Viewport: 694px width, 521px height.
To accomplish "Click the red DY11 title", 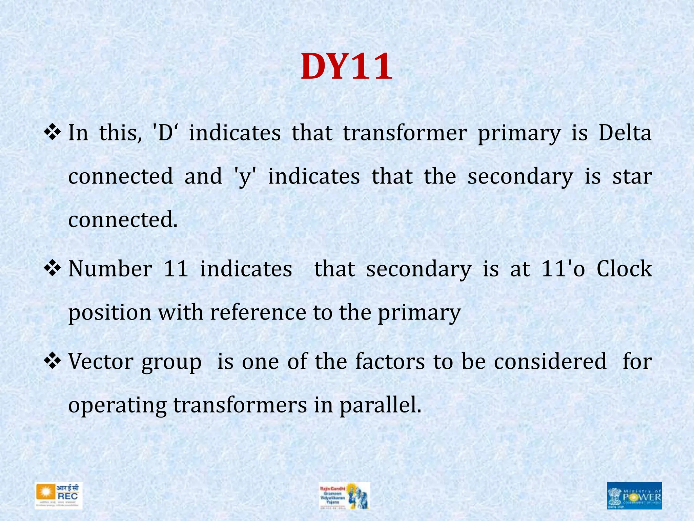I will (347, 67).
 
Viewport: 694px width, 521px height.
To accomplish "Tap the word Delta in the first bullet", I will (625, 133).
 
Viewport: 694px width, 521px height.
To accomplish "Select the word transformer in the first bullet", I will (405, 133).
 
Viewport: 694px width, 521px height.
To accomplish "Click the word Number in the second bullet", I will (110, 269).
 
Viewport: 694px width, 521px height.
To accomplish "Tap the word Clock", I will (624, 269).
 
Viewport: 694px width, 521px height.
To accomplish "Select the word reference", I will (258, 312).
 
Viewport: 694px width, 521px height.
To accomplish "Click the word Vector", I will (101, 361).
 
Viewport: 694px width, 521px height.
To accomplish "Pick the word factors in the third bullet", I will (390, 361).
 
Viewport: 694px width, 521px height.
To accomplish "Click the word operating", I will (118, 405).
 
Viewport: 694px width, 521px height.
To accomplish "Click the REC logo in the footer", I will (58, 496).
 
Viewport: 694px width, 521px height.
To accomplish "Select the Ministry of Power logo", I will (634, 496).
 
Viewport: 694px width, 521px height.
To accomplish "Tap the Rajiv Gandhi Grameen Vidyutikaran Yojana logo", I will (344, 496).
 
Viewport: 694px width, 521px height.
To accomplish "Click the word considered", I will (550, 361).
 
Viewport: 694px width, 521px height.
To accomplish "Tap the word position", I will (110, 312).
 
